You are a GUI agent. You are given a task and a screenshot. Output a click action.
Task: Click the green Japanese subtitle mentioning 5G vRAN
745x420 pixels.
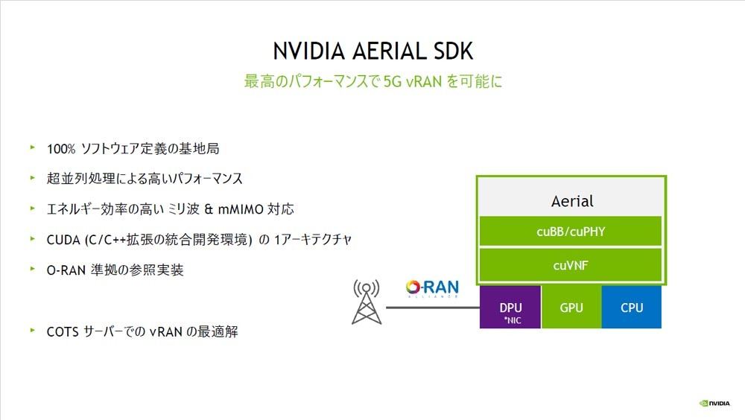[x=373, y=81]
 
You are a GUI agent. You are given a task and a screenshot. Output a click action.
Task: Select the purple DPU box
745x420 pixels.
[x=510, y=307]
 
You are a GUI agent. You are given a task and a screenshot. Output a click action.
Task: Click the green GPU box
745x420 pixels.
[x=571, y=307]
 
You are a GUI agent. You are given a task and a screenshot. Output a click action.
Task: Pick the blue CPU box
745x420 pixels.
[x=632, y=307]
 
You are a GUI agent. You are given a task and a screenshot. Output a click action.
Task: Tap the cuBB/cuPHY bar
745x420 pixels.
[x=571, y=232]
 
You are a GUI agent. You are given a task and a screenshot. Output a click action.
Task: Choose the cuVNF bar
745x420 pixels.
[x=571, y=265]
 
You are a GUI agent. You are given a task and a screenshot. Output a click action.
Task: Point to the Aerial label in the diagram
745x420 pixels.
[x=572, y=201]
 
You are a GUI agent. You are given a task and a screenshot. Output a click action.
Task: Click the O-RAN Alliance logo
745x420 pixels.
[x=432, y=288]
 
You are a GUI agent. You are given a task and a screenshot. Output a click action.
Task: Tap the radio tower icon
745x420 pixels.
[x=367, y=302]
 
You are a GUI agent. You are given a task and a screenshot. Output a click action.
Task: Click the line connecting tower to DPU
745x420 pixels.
[x=433, y=308]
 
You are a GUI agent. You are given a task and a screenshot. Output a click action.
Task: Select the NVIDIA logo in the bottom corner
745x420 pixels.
[x=714, y=404]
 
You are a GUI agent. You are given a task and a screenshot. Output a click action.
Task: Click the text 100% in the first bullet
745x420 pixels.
[x=61, y=149]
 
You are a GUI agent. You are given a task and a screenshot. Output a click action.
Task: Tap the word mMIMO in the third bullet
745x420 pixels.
[x=241, y=209]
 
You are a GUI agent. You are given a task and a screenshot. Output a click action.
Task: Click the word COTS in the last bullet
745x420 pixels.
[x=63, y=331]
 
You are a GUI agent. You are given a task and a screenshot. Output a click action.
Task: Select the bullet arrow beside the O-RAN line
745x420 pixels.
[x=32, y=269]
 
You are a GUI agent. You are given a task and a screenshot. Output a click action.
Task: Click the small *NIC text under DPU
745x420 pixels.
[x=513, y=321]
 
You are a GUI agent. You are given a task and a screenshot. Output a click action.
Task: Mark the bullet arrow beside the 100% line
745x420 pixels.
[x=32, y=147]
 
